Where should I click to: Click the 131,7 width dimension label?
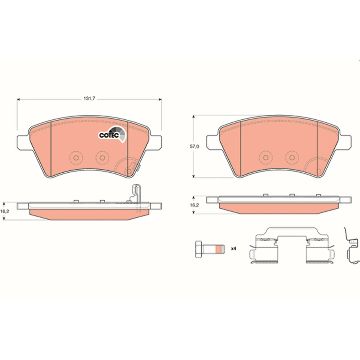click(x=89, y=99)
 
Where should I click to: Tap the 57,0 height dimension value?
click(x=194, y=147)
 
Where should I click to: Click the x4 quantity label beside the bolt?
click(x=234, y=249)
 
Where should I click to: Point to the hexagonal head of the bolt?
click(x=198, y=249)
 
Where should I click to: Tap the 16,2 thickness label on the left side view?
click(x=4, y=211)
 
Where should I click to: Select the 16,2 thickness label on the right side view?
click(x=194, y=205)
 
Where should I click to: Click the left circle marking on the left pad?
click(x=76, y=158)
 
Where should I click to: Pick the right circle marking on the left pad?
click(x=103, y=158)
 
